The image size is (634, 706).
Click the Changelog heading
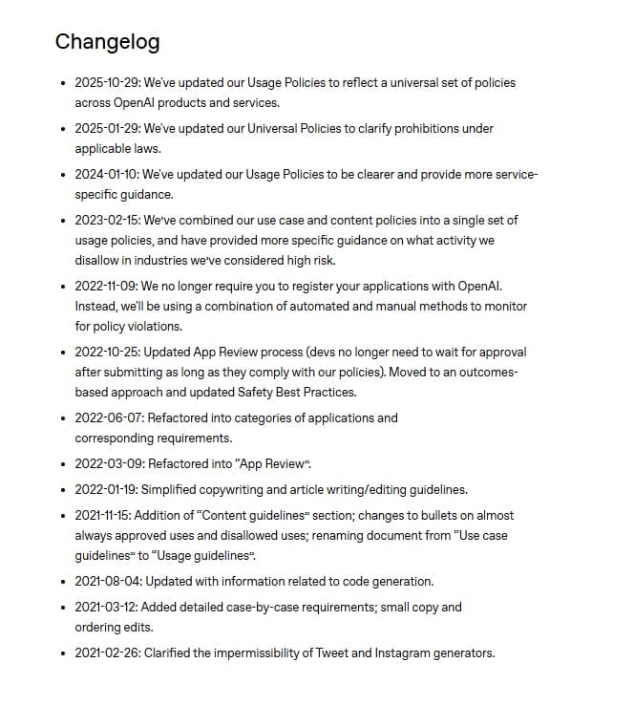pos(107,42)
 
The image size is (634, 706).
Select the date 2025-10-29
pos(106,83)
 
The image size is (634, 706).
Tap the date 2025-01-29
pos(106,129)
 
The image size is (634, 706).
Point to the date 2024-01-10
pos(105,175)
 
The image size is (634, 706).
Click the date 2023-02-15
pos(106,220)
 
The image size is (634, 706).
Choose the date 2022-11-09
pos(106,286)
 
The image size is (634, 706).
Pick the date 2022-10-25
pos(106,351)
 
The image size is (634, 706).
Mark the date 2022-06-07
pos(106,417)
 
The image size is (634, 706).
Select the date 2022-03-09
pos(106,463)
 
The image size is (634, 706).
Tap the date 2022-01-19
pos(105,490)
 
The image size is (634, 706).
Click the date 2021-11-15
pos(105,516)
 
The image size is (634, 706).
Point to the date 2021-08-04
pos(106,581)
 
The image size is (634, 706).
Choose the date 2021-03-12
pos(105,607)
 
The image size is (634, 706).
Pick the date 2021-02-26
pos(106,653)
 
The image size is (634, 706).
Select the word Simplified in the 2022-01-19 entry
pos(173,490)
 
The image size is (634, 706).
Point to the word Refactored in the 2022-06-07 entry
pos(176,417)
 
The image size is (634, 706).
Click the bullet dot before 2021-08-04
pos(63,581)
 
